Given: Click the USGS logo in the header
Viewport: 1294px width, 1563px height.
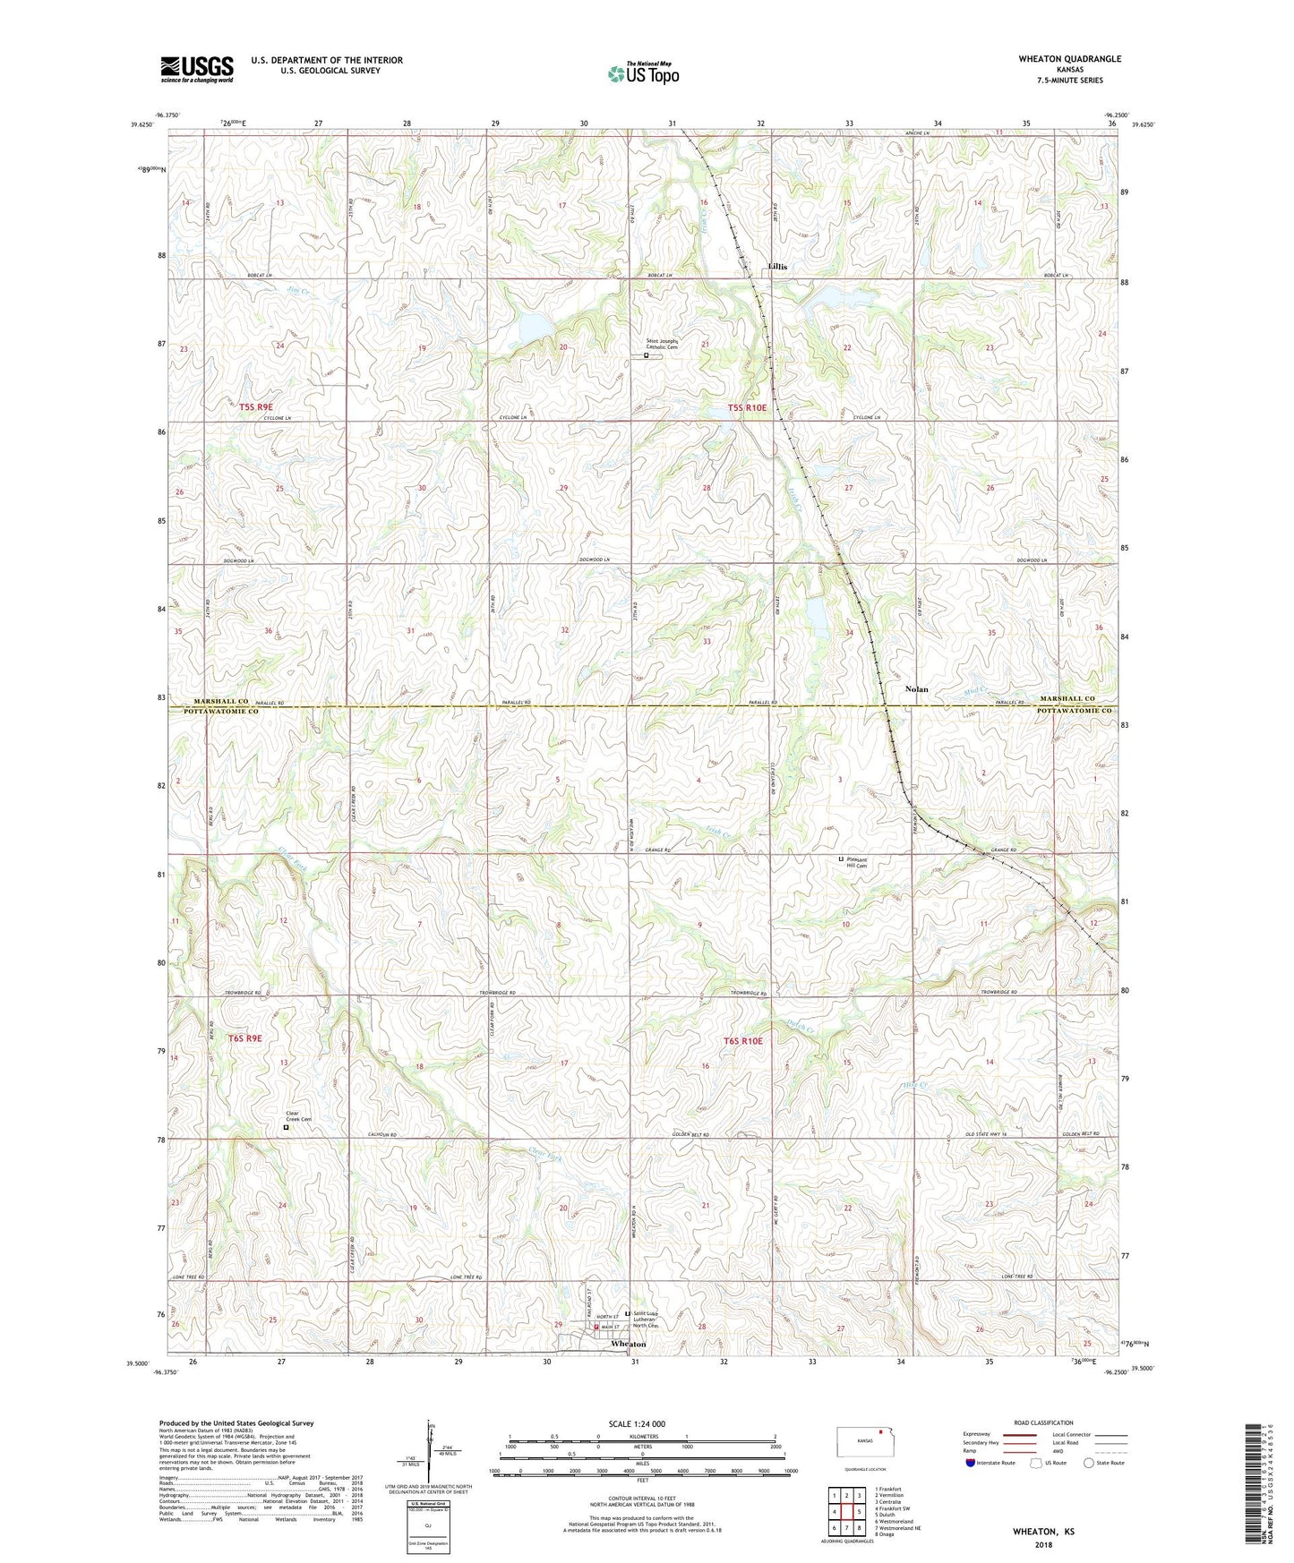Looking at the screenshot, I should pyautogui.click(x=196, y=69).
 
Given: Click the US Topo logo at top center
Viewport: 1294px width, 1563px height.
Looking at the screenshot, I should pyautogui.click(x=642, y=73).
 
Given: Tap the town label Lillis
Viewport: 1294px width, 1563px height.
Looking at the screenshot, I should pyautogui.click(x=776, y=268).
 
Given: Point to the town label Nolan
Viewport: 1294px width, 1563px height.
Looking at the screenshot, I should pyautogui.click(x=916, y=689).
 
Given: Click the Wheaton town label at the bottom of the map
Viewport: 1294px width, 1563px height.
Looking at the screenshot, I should pyautogui.click(x=628, y=1344).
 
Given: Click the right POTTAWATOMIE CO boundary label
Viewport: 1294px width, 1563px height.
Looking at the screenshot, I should pyautogui.click(x=1074, y=711).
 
